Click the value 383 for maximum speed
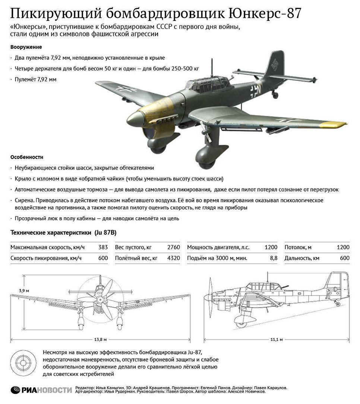click(103, 247)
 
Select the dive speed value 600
click(103, 258)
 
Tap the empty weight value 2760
click(173, 247)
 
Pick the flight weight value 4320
click(173, 258)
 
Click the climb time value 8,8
click(273, 258)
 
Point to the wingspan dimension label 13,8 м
click(101, 339)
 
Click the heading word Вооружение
click(26, 47)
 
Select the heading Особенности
click(27, 157)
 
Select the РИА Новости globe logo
click(15, 390)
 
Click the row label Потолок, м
click(298, 247)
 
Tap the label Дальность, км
click(302, 258)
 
